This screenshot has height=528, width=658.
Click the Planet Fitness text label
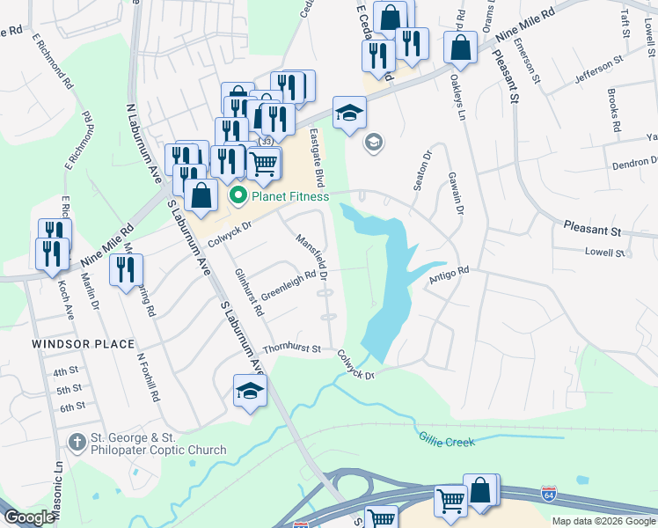(x=290, y=196)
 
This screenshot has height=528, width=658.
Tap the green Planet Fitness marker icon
(x=236, y=195)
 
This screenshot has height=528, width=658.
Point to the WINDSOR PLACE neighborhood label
(x=84, y=344)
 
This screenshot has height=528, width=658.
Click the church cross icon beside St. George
(x=77, y=441)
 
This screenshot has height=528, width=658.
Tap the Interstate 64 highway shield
(x=549, y=492)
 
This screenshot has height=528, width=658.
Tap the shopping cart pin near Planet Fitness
(x=264, y=162)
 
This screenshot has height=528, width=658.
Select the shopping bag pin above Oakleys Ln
(x=460, y=48)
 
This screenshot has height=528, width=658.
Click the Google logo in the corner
(x=29, y=518)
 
